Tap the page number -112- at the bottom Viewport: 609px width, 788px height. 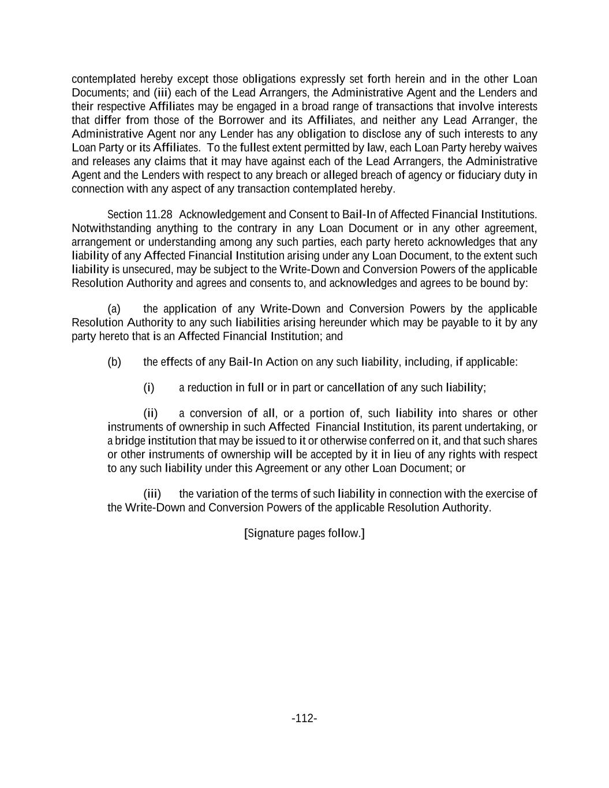(304, 718)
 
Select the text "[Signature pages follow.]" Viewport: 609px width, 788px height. (304, 533)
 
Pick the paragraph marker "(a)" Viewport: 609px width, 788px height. (114, 308)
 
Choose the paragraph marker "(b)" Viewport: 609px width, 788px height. (114, 362)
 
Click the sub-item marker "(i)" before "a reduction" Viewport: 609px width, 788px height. (149, 387)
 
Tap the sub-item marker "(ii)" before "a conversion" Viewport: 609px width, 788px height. (150, 413)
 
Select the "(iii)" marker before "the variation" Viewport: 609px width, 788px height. (152, 494)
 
